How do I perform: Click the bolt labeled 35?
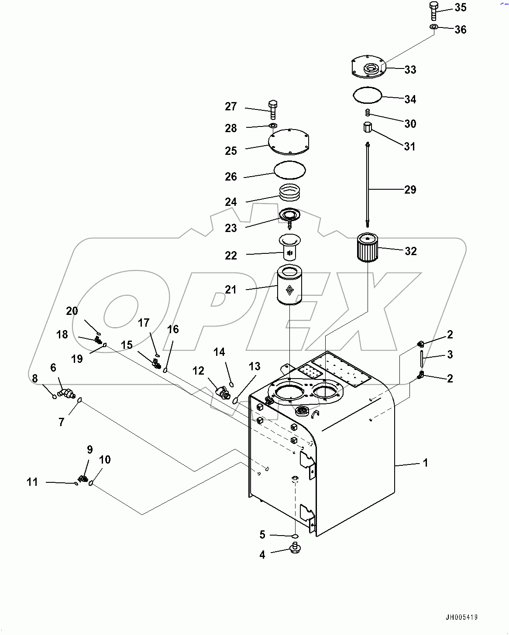(434, 11)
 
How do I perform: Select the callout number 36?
(461, 30)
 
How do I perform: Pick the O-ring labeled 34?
(367, 95)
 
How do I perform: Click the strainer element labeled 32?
(367, 248)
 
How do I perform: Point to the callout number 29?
(410, 190)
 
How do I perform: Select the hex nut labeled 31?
(368, 128)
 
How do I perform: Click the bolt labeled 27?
(272, 109)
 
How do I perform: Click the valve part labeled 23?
(289, 216)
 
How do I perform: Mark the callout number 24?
(230, 202)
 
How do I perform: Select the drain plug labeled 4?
(295, 548)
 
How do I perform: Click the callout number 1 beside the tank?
(426, 463)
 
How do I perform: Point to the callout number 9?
(90, 450)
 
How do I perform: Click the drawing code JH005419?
(461, 618)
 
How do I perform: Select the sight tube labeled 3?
(422, 358)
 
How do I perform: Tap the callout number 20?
(72, 311)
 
